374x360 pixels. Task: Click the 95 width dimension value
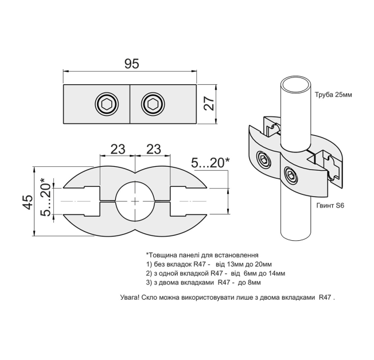(x=132, y=64)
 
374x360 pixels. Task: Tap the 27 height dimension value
(x=209, y=103)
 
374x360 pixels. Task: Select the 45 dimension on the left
(x=28, y=202)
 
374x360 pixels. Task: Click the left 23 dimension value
(x=118, y=149)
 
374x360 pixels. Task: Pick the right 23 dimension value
(x=154, y=149)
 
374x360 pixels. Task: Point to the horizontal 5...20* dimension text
(x=211, y=163)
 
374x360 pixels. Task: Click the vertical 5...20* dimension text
(x=45, y=197)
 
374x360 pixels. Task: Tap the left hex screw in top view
(x=107, y=104)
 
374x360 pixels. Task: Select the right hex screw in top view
(x=153, y=104)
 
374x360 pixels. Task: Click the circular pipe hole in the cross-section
(x=135, y=201)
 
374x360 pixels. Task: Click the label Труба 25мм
(x=333, y=95)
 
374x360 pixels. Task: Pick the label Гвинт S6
(x=330, y=206)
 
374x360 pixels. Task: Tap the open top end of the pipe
(x=295, y=85)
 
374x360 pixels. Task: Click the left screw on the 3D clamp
(x=263, y=159)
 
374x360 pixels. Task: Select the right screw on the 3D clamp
(x=291, y=176)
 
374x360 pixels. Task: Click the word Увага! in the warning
(x=130, y=298)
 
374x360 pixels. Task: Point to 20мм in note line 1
(x=263, y=264)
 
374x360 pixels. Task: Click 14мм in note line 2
(x=276, y=273)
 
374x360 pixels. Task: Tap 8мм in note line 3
(x=254, y=283)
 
